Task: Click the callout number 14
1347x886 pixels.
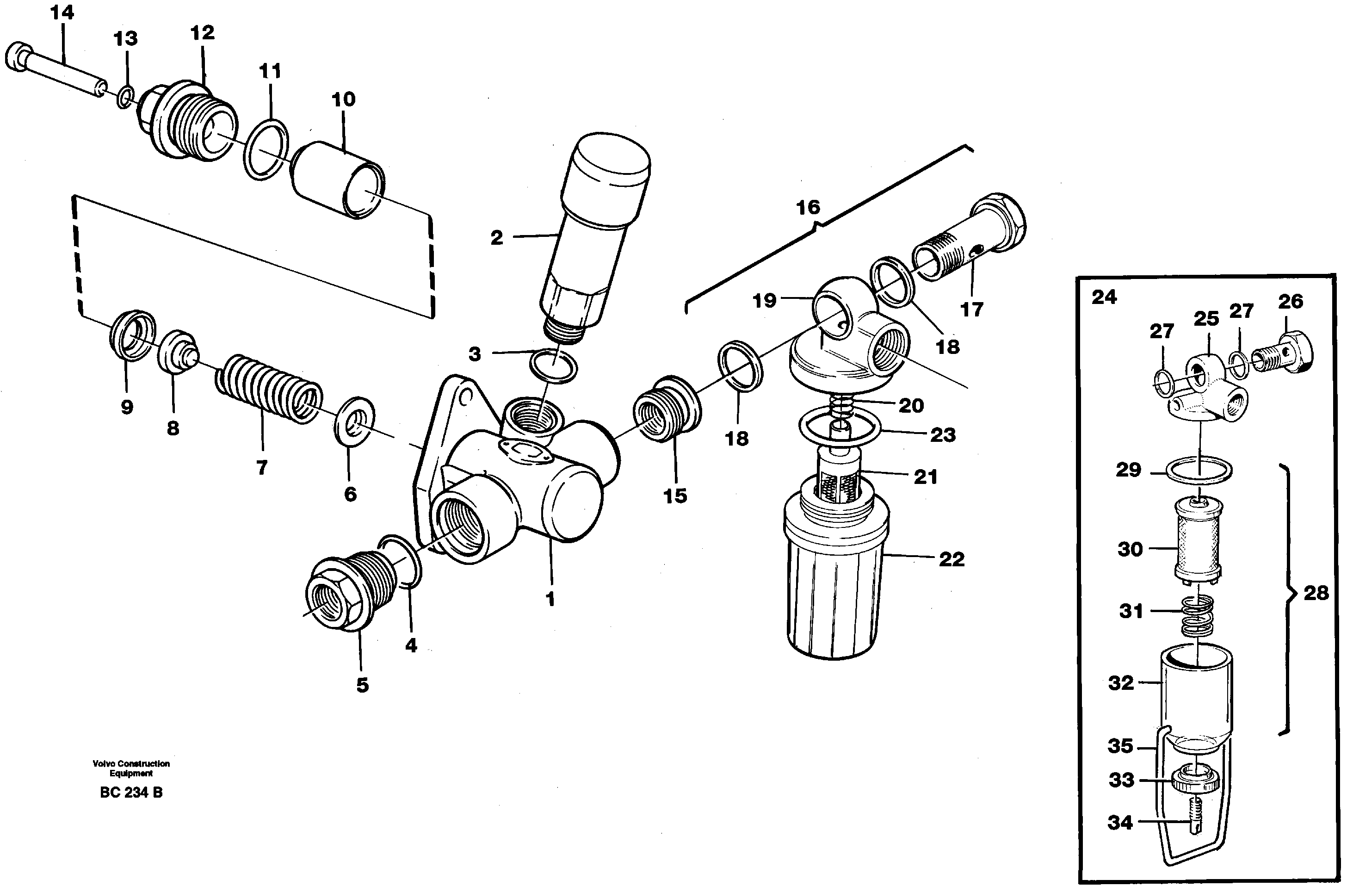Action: point(62,12)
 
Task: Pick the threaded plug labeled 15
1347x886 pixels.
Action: point(666,407)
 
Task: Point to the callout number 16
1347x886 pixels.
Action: point(808,208)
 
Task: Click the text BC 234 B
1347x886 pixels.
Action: point(131,793)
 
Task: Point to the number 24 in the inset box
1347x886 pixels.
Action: point(1104,297)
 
